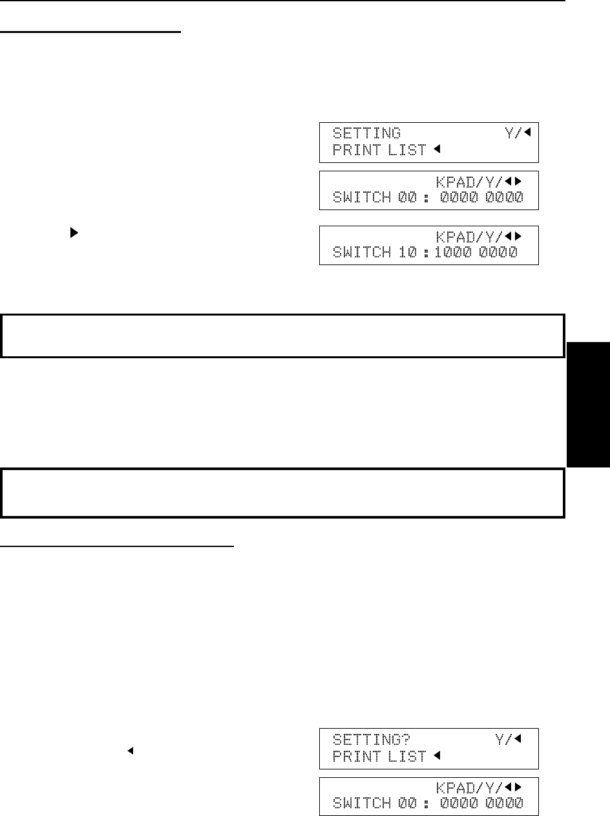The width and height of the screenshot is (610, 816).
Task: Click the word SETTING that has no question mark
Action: (x=366, y=134)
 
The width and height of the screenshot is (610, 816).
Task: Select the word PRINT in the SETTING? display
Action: (x=355, y=757)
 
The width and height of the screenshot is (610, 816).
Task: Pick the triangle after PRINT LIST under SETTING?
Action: (x=436, y=757)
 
